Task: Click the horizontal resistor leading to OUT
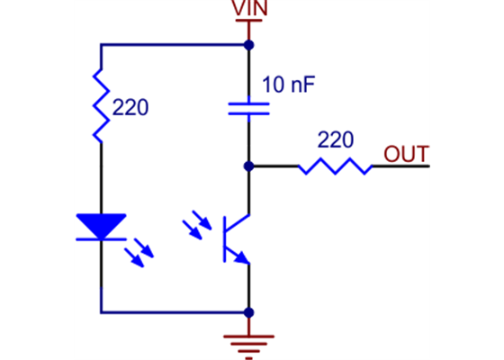point(335,166)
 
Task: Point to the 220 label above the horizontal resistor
point(335,140)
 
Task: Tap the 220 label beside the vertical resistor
point(130,109)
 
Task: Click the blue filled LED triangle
point(102,225)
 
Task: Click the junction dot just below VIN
point(248,44)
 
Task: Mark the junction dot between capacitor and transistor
point(248,166)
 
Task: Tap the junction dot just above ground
point(248,312)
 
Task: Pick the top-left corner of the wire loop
point(102,44)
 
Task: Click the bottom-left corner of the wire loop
point(102,312)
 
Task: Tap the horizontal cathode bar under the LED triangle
point(102,239)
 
